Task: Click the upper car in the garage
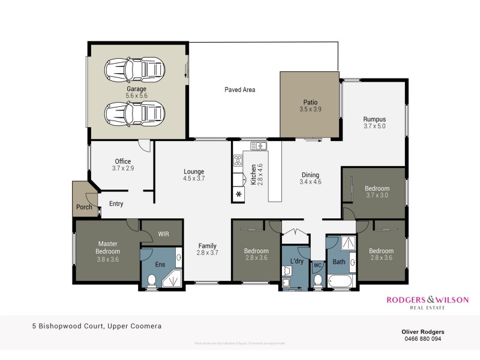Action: (136, 70)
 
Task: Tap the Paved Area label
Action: (240, 90)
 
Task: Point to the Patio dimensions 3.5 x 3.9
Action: (310, 110)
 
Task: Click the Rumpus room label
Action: (374, 119)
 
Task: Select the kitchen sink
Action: (259, 146)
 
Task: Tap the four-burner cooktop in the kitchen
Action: (238, 160)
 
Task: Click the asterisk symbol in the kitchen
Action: (238, 194)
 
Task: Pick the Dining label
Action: (310, 174)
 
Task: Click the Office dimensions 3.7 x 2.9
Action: (123, 169)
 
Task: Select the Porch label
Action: (84, 208)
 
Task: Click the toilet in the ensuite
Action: (151, 280)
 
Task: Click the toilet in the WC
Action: (317, 280)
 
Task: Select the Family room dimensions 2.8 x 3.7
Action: (207, 253)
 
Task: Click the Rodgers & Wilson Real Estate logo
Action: (427, 302)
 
